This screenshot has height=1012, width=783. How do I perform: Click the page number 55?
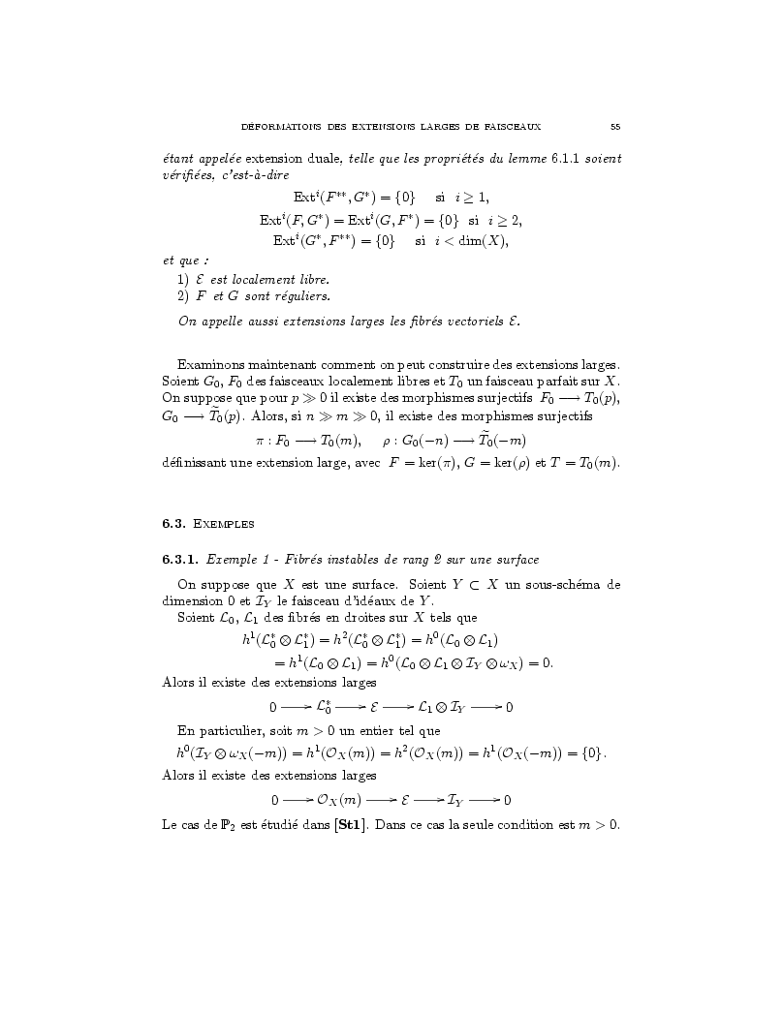coord(615,126)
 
